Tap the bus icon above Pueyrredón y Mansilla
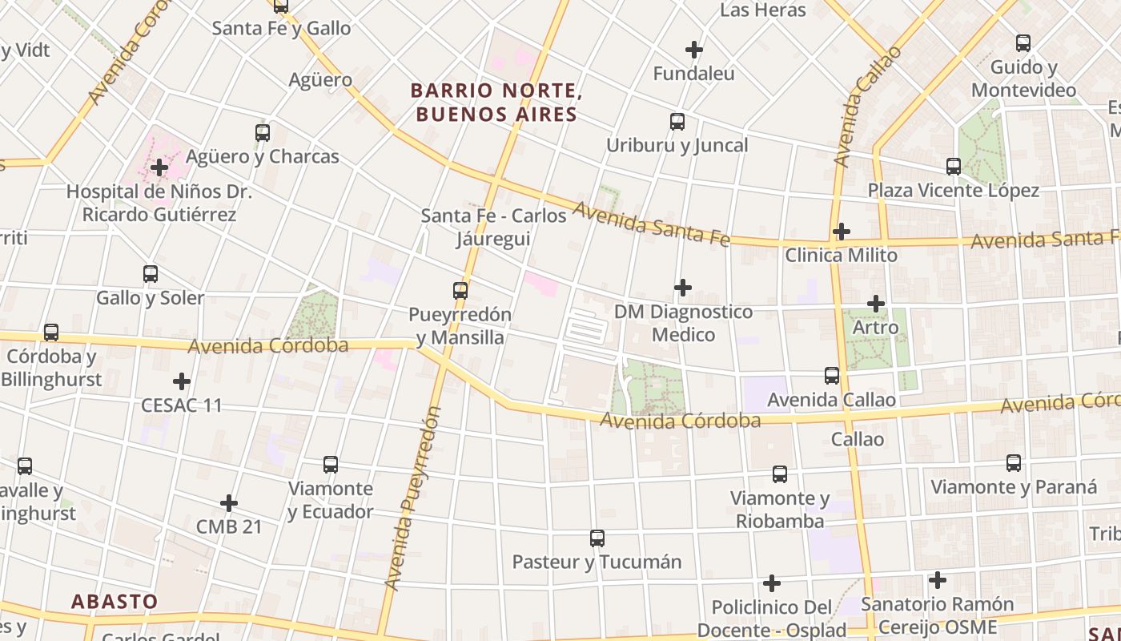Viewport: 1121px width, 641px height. click(x=460, y=291)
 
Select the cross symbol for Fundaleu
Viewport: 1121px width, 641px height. click(x=694, y=50)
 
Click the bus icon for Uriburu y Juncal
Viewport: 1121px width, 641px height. click(x=677, y=122)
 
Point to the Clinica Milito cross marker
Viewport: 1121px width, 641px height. click(x=841, y=232)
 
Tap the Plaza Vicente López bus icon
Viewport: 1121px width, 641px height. click(x=953, y=167)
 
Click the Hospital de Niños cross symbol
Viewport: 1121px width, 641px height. click(x=159, y=167)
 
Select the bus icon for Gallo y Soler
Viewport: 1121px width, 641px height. click(x=150, y=274)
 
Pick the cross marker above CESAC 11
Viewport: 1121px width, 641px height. click(x=182, y=381)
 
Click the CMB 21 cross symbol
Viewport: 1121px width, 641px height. click(x=229, y=503)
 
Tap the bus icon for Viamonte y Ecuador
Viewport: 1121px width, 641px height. click(x=331, y=465)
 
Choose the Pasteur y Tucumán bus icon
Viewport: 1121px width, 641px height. click(x=597, y=538)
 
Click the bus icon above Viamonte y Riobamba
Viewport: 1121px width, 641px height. click(x=780, y=474)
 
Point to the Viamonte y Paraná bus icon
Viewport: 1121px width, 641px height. click(x=1014, y=463)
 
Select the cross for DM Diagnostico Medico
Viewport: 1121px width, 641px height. click(x=683, y=288)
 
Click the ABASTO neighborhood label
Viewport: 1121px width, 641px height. click(x=115, y=602)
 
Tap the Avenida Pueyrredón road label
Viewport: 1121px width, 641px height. click(x=413, y=498)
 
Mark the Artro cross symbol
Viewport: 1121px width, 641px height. click(x=876, y=304)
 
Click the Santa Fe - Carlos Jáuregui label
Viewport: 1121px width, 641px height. click(x=494, y=227)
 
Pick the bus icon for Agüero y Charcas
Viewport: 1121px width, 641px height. click(x=263, y=133)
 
